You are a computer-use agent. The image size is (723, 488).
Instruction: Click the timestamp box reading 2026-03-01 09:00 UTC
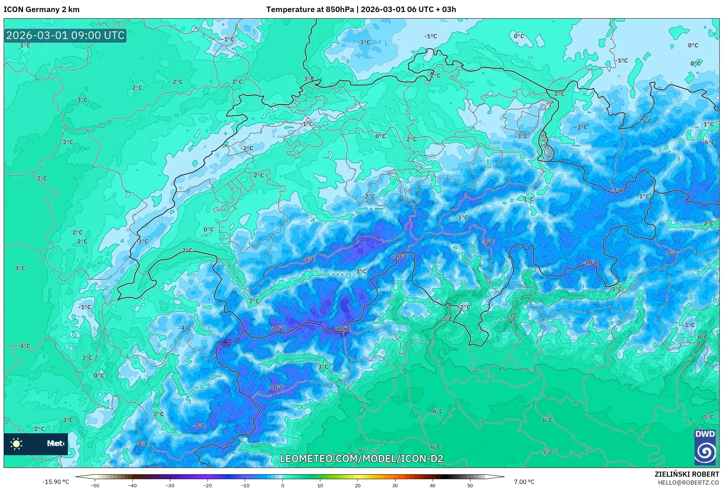coord(65,35)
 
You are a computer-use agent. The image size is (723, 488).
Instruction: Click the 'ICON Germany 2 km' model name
coord(42,9)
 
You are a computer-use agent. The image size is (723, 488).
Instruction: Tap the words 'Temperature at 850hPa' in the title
coord(310,9)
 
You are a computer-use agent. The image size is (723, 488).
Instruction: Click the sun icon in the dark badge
coord(16,444)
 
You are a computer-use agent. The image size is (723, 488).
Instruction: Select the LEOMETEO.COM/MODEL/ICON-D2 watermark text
coord(361,458)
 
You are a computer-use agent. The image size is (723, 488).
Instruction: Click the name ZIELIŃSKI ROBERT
coord(687,474)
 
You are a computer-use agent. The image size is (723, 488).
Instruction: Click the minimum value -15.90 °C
coord(55,482)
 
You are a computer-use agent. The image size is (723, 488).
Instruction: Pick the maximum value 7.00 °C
coord(524,482)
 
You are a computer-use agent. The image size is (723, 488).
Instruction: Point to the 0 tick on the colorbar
coord(283,485)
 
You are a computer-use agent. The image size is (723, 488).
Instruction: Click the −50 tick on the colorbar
coord(94,485)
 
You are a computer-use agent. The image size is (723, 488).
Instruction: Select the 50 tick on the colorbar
coord(470,485)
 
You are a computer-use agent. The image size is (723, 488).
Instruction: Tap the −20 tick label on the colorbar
coord(207,485)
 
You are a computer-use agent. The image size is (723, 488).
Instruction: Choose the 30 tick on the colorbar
coord(395,485)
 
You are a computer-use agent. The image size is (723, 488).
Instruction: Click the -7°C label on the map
coord(617,190)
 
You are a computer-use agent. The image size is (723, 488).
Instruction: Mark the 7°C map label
coord(548,452)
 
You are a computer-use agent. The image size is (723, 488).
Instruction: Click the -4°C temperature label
coord(185,328)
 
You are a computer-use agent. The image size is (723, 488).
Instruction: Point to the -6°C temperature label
coord(709,142)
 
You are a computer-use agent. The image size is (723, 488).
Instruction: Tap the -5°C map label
coord(646,121)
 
